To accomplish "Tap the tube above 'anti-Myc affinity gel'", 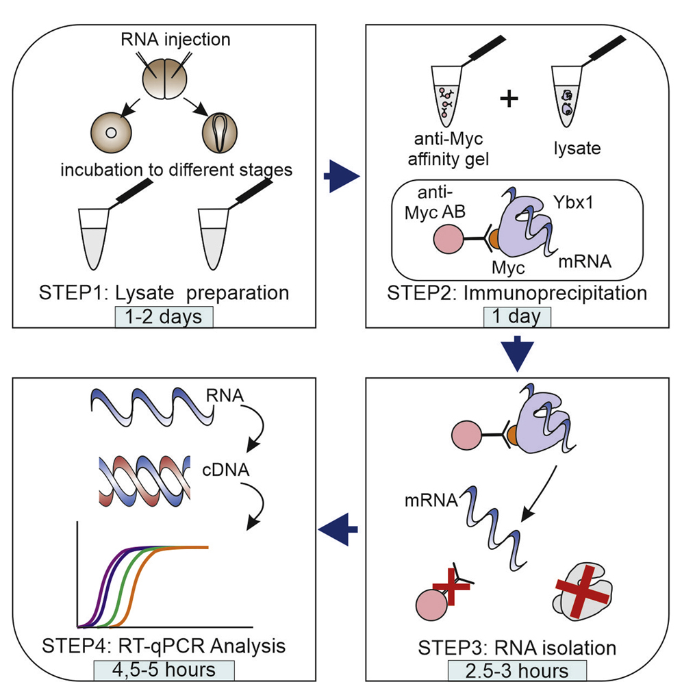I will pos(446,97).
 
